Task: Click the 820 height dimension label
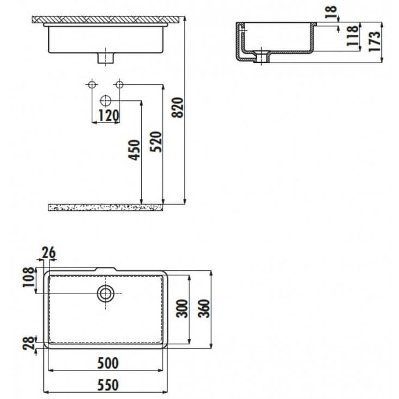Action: coord(178,107)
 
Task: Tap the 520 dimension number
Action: coord(156,142)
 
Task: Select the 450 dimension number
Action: coord(134,150)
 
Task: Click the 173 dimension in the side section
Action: coord(375,42)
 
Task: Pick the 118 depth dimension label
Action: coord(353,35)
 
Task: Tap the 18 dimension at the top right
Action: coord(331,12)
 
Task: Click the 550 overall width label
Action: coord(108,385)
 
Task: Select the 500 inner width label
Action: coord(108,363)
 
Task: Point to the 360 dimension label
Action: coord(204,309)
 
